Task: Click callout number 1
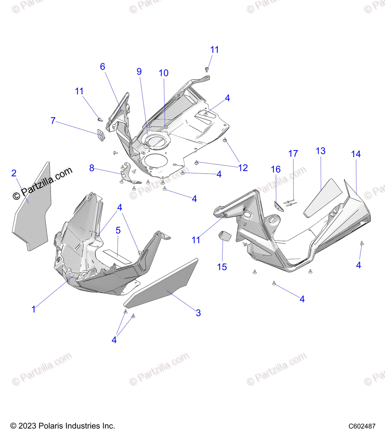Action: tap(34, 309)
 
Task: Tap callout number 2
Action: tap(14, 173)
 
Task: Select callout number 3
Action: tap(198, 313)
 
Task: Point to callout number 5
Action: tap(118, 230)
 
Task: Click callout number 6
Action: tap(103, 67)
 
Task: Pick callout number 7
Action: tap(53, 121)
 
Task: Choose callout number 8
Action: tap(92, 168)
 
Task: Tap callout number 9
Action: tap(139, 71)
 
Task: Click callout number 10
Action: tap(164, 73)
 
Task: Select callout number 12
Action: tap(243, 168)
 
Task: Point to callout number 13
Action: tap(321, 151)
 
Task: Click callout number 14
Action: tap(356, 154)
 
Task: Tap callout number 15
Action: tap(222, 267)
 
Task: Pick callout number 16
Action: tap(276, 169)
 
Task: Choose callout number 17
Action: tap(293, 154)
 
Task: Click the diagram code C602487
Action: tap(362, 426)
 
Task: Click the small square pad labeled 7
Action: tap(101, 135)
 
